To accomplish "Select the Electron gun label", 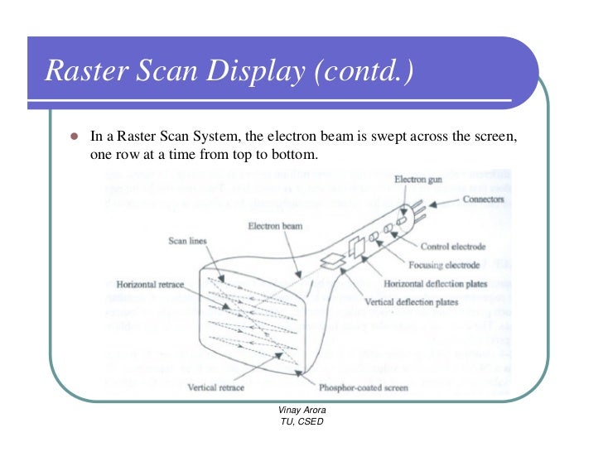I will (421, 179).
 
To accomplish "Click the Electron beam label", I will (276, 225).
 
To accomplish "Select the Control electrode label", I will (453, 246).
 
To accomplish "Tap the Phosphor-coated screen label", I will (362, 387).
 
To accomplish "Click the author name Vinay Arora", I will (301, 411).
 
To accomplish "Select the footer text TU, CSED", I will (301, 423).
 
